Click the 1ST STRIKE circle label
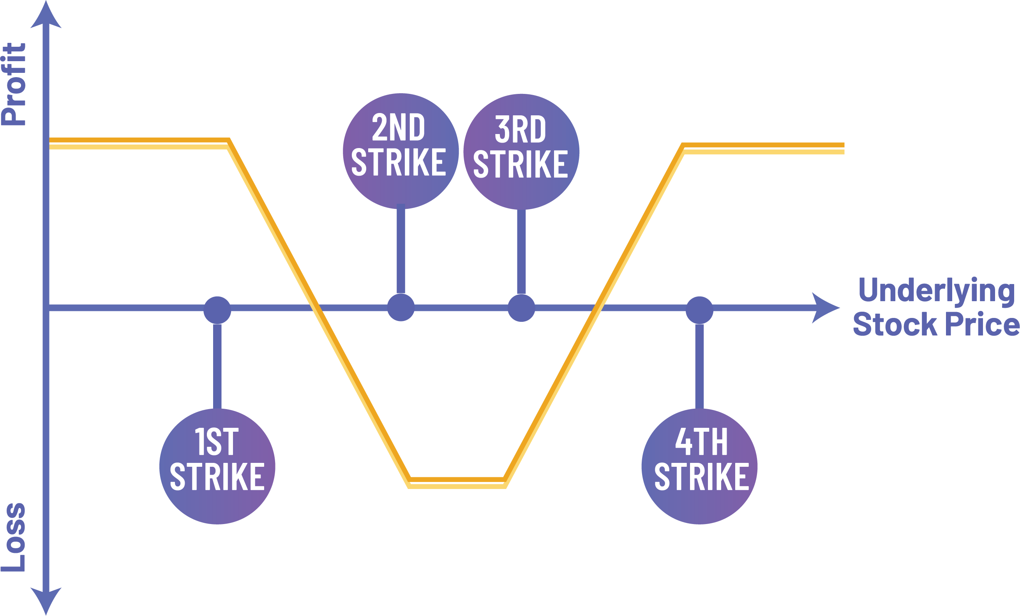[217, 466]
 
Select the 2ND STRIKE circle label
[400, 151]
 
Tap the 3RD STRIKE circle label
[521, 152]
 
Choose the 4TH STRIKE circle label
[699, 466]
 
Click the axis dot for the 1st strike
[217, 310]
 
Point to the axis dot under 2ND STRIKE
[401, 307]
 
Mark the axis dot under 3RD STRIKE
[521, 308]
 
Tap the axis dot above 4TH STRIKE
[699, 310]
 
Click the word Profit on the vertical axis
[14, 84]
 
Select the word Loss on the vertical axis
[14, 537]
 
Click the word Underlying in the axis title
[936, 291]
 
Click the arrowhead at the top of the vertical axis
[46, 16]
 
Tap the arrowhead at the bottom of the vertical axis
[46, 600]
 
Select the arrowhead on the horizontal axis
[824, 308]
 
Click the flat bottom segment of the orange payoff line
[457, 482]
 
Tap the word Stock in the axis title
[895, 324]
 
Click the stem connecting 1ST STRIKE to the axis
[217, 365]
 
